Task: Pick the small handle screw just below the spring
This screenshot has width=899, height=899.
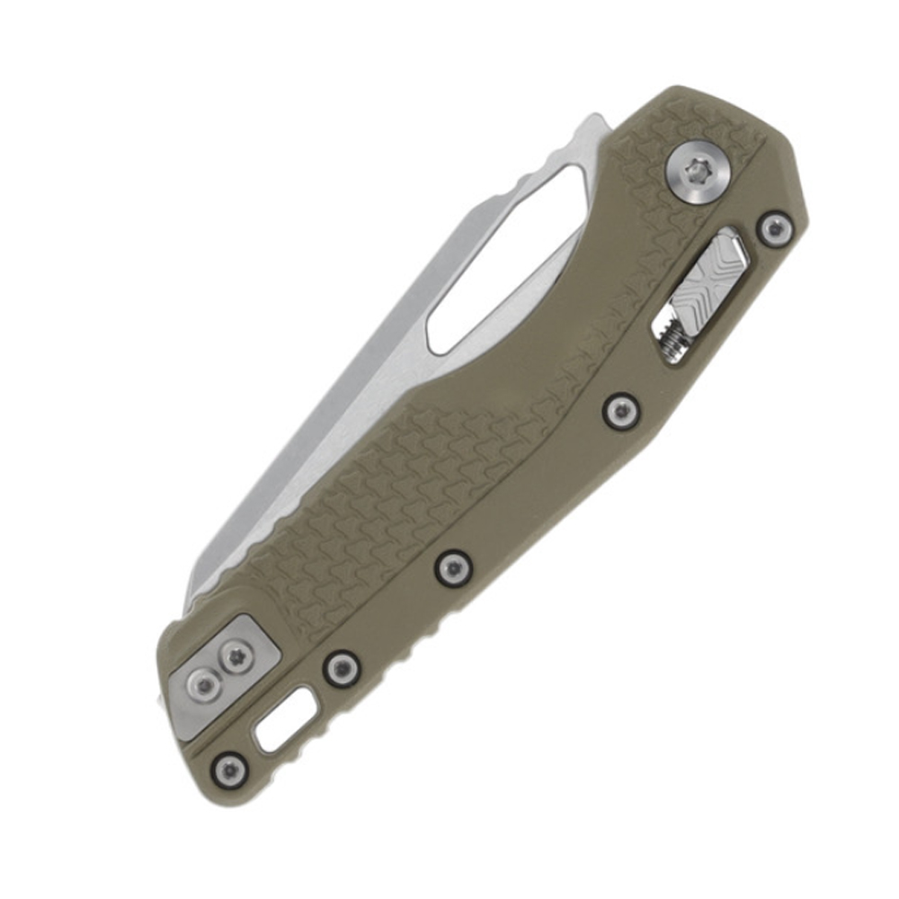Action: click(x=620, y=411)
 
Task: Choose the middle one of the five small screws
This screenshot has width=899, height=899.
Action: click(x=452, y=566)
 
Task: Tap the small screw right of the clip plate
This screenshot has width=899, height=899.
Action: click(x=341, y=668)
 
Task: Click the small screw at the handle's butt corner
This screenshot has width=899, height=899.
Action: click(x=230, y=769)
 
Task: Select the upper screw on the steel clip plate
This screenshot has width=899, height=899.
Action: click(x=236, y=658)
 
